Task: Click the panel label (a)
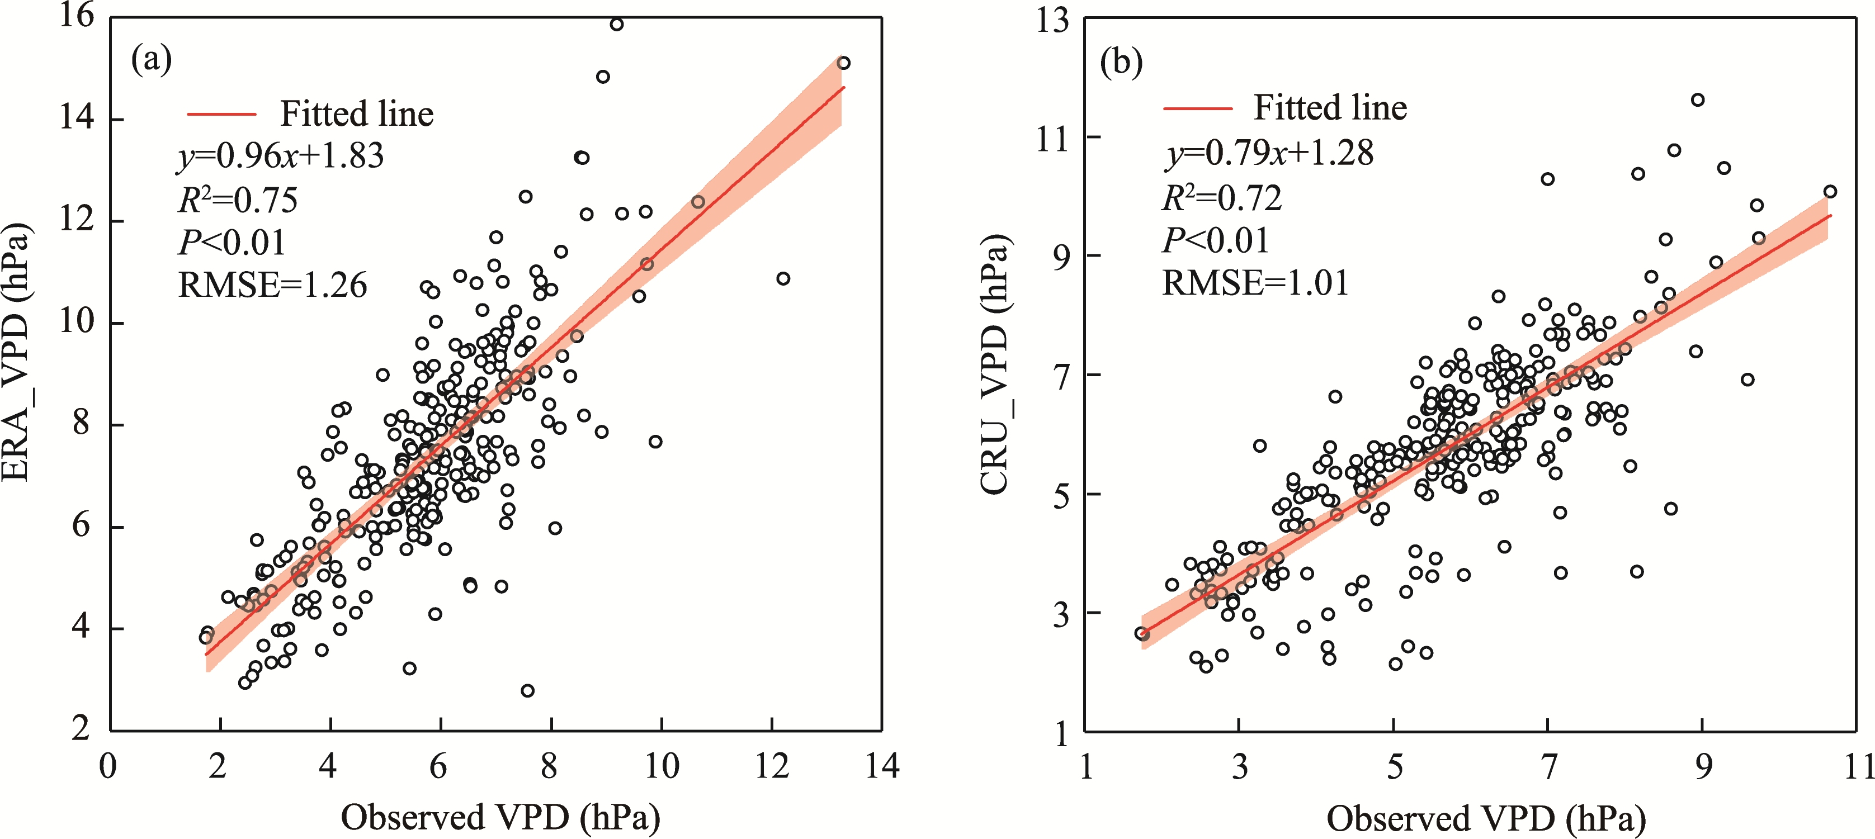point(152,60)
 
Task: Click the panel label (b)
point(1121,63)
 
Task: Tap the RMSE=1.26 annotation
point(273,285)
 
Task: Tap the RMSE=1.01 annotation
point(1255,282)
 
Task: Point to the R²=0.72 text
point(1222,197)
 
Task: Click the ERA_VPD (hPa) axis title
point(16,352)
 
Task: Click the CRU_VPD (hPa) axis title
point(995,364)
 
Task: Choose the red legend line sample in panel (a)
point(222,114)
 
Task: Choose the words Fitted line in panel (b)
point(1330,108)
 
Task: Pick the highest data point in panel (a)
point(616,24)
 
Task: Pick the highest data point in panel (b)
point(1697,99)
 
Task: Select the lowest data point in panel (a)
point(528,690)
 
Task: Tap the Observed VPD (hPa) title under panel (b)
point(1486,819)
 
